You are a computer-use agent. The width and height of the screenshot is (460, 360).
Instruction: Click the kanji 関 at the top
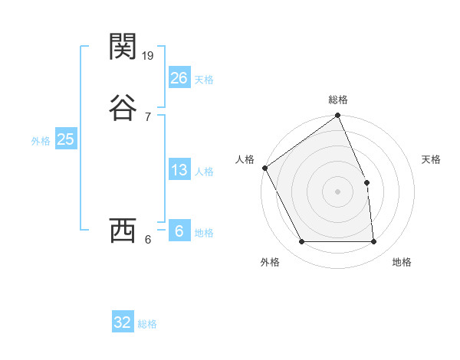coord(123,47)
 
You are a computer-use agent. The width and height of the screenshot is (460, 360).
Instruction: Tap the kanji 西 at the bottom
coord(123,231)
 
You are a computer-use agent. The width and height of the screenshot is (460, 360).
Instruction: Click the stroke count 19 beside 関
coord(149,55)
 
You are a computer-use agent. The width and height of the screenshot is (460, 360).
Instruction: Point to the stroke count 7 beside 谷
coord(147,116)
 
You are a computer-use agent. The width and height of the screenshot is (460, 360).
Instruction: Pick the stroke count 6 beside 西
coord(147,239)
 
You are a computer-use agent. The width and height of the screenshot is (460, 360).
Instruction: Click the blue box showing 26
coord(179,78)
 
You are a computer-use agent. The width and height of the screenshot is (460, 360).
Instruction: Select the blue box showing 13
coord(179,170)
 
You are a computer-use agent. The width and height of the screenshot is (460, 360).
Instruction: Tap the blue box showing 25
coord(66,139)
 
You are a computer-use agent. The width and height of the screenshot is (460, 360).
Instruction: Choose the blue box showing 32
coord(123,322)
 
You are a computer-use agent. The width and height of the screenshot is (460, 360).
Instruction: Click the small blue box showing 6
coord(179,231)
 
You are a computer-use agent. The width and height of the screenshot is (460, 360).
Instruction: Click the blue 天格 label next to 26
coord(204,80)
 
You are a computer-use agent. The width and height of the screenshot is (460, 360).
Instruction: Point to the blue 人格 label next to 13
coord(204,172)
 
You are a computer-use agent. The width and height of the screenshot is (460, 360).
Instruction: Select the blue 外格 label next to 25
coord(41,141)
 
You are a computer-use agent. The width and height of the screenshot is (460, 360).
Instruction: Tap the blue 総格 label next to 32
coord(147,324)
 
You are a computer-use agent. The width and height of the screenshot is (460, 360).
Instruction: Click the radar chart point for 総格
coord(338,116)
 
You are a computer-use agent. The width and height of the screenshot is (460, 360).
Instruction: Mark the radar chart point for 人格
coord(264,168)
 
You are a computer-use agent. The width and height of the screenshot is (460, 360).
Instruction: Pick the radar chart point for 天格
coord(366,182)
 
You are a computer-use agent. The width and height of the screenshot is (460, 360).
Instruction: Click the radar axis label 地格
coord(402,262)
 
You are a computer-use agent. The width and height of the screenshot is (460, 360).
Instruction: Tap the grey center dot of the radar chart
coord(338,191)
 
